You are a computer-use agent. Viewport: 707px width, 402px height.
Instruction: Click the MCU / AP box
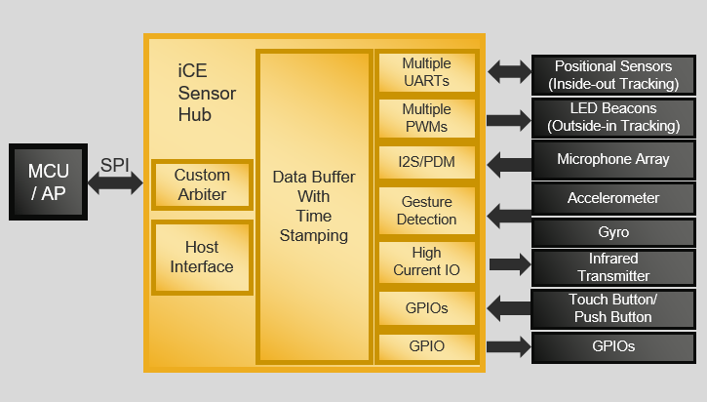click(x=49, y=181)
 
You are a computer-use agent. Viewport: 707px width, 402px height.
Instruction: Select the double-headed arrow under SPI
click(x=116, y=183)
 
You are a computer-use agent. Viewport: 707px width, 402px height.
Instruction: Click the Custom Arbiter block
click(x=202, y=184)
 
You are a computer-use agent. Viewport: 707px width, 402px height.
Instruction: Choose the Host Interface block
click(x=202, y=258)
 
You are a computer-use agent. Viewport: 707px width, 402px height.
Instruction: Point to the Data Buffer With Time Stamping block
click(x=314, y=206)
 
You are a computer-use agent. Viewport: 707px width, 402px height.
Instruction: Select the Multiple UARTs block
click(x=426, y=72)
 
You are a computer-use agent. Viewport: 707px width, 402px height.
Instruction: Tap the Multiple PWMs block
click(x=426, y=118)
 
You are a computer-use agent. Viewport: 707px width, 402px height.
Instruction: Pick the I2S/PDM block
click(x=426, y=162)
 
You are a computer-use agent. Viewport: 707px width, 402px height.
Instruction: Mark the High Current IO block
click(x=426, y=261)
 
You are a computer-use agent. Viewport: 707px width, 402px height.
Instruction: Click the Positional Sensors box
click(x=612, y=74)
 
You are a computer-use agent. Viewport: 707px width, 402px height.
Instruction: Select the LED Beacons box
click(x=612, y=116)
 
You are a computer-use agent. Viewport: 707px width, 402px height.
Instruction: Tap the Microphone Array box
click(x=612, y=159)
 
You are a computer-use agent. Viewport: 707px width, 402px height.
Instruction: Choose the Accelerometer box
click(x=612, y=198)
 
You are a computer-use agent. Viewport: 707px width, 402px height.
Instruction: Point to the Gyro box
click(x=612, y=232)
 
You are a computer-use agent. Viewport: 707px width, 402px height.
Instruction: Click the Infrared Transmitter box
click(x=612, y=266)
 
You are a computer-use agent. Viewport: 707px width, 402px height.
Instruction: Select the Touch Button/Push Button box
click(x=612, y=308)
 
